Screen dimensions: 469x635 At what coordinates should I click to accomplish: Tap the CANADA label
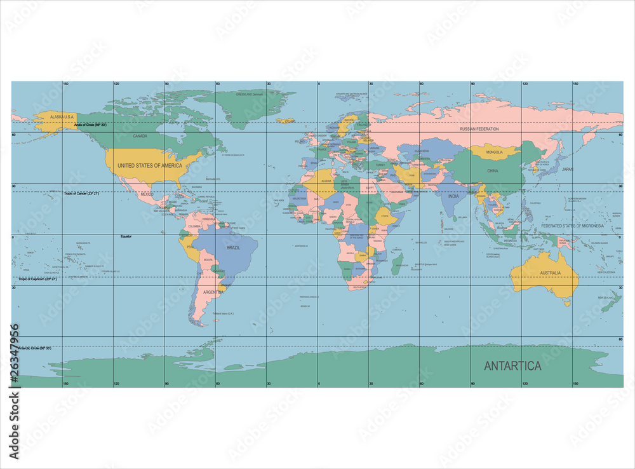(x=140, y=136)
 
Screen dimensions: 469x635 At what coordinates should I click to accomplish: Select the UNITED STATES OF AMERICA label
(x=150, y=165)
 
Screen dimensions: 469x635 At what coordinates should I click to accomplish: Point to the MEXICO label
(x=147, y=194)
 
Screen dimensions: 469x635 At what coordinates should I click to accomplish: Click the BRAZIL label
(x=234, y=248)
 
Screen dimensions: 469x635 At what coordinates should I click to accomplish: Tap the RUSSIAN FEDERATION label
(x=479, y=129)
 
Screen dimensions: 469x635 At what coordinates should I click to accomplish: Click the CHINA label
(x=493, y=171)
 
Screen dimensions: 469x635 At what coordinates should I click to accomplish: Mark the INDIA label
(x=453, y=196)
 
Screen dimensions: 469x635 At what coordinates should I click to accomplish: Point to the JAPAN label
(x=568, y=169)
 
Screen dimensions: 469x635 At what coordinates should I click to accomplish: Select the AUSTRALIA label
(x=551, y=273)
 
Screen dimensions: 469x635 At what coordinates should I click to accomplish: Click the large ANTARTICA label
(x=512, y=366)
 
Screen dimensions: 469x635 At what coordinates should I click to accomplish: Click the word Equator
(x=126, y=236)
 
